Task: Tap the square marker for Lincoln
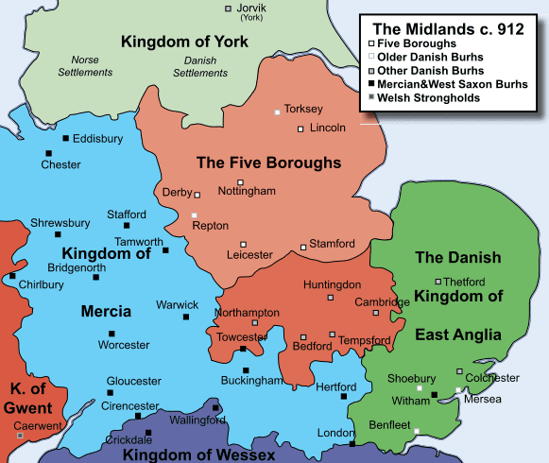[300, 129]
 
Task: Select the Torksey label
[304, 109]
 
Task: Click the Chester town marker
[46, 153]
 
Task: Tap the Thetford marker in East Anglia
[437, 282]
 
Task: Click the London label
[335, 433]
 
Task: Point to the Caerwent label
[36, 425]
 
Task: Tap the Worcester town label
[124, 345]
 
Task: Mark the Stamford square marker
[303, 248]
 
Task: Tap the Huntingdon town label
[332, 284]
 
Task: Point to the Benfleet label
[388, 424]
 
